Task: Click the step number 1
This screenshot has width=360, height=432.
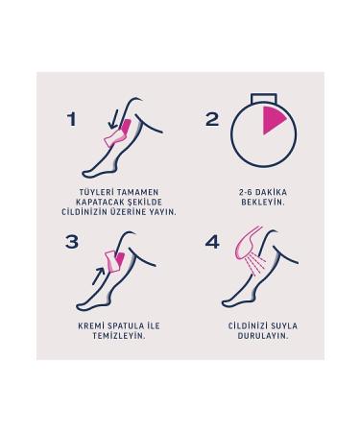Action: click(70, 118)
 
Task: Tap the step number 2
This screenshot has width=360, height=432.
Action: click(212, 118)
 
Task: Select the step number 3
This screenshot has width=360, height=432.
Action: click(71, 242)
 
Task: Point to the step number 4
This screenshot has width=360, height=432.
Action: click(212, 242)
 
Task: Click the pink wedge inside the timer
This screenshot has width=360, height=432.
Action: click(273, 121)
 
